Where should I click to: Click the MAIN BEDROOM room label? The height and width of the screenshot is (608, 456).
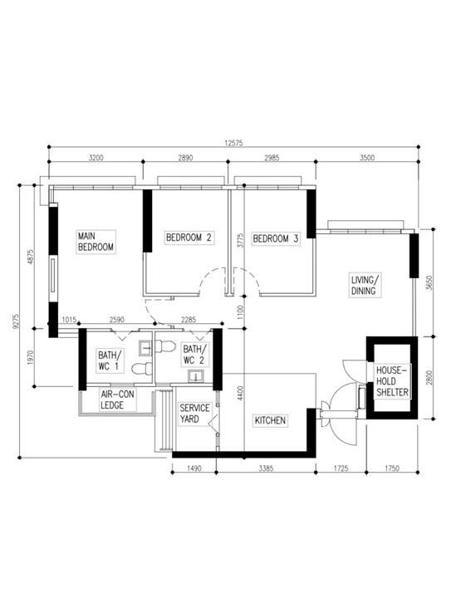(x=96, y=241)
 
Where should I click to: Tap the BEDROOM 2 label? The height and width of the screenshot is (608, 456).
(x=189, y=238)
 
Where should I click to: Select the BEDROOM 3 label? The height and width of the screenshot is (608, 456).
(x=275, y=238)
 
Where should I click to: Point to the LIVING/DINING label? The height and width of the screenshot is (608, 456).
(x=365, y=286)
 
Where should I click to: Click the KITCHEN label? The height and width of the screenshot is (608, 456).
(x=270, y=421)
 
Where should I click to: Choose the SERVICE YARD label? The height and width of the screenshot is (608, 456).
(x=195, y=414)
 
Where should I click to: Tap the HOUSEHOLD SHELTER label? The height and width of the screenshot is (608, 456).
(x=391, y=384)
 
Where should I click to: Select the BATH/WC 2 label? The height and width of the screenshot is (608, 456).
(x=194, y=355)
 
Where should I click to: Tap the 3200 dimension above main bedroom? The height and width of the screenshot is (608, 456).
(x=98, y=157)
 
